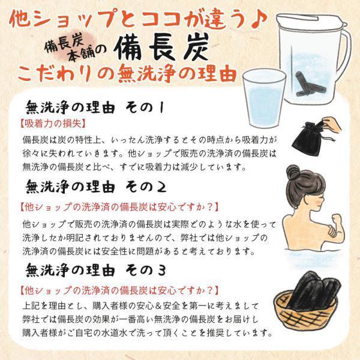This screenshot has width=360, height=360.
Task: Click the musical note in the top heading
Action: pos(259,19)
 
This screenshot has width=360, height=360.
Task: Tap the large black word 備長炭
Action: pos(161,47)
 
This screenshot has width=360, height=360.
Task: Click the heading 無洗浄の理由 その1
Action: pos(95,107)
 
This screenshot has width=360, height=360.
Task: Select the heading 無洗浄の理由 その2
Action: pos(96,187)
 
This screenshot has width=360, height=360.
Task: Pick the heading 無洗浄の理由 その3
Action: pos(95,270)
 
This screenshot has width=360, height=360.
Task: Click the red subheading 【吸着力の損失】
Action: pos(53,124)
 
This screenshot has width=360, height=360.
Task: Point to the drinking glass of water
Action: pos(264,98)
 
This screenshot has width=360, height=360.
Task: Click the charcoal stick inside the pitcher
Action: pos(304,83)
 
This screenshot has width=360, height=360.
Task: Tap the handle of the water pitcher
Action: pos(345,53)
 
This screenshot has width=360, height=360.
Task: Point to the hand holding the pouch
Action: pos(331,125)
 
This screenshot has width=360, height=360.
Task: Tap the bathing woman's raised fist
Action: pos(337,219)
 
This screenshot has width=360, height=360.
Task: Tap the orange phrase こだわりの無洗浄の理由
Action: pos(127,73)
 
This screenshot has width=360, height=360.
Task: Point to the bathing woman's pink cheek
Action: pos(318,202)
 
